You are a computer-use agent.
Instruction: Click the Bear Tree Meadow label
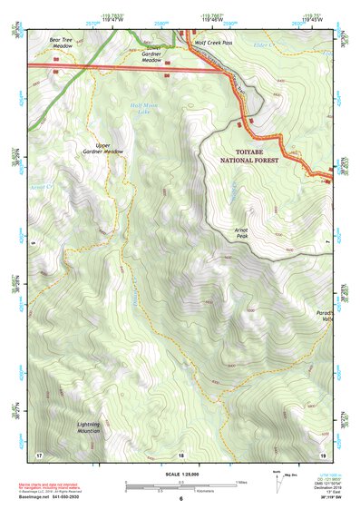62,43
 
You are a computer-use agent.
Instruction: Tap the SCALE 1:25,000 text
180,474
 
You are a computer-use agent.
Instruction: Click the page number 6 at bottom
180,499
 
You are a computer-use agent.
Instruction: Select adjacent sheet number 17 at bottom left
39,453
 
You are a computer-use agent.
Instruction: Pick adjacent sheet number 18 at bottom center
180,454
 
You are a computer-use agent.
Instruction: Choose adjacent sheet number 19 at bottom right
322,453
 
